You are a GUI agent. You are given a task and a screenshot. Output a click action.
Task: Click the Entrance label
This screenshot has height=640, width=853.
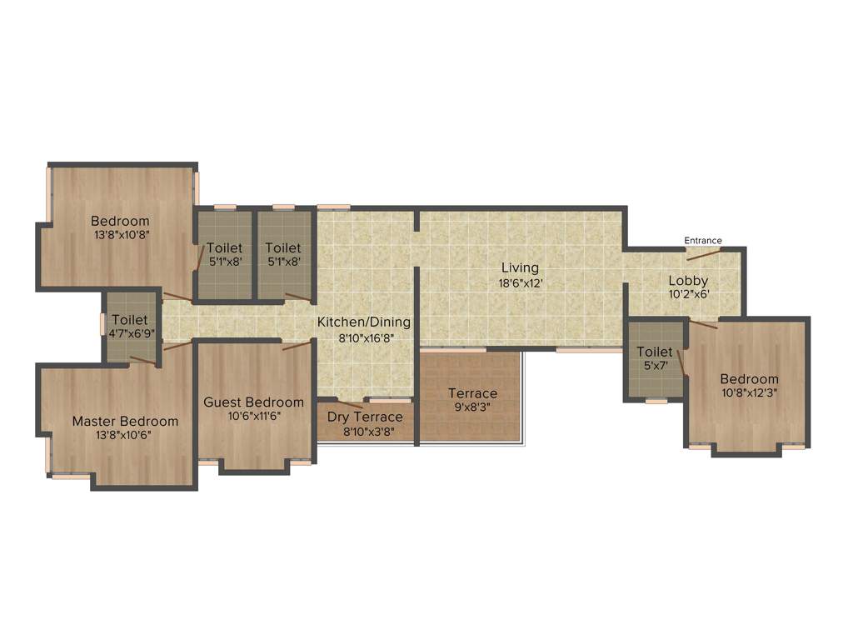(x=703, y=241)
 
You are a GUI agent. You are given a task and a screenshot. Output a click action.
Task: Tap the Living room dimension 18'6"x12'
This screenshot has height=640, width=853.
(x=520, y=283)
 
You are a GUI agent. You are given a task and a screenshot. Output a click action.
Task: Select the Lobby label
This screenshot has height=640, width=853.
(x=688, y=281)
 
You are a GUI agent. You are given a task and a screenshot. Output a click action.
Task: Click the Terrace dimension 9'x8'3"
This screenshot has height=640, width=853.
(x=472, y=408)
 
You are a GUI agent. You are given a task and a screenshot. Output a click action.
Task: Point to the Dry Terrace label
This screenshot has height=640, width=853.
(x=365, y=417)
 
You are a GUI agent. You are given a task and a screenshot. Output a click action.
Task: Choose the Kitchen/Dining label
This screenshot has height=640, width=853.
(x=364, y=322)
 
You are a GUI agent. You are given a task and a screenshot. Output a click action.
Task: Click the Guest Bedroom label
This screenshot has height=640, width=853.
(x=253, y=402)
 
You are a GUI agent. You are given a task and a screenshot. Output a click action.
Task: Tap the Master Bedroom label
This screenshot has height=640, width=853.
(x=125, y=421)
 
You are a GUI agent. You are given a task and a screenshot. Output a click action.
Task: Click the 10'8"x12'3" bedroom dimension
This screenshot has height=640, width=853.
(x=750, y=393)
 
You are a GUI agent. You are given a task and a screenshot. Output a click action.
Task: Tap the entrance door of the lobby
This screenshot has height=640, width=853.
(x=704, y=254)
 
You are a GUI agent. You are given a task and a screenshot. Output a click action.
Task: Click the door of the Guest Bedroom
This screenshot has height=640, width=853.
(x=297, y=345)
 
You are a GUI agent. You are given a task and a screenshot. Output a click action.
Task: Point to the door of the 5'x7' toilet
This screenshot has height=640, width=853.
(x=681, y=363)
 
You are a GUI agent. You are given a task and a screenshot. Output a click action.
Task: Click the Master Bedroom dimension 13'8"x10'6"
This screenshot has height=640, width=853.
(x=125, y=435)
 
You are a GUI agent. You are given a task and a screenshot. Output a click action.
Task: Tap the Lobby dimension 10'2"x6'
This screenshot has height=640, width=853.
(x=688, y=295)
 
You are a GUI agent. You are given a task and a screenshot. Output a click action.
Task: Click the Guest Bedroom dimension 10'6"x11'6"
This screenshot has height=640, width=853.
(x=253, y=416)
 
